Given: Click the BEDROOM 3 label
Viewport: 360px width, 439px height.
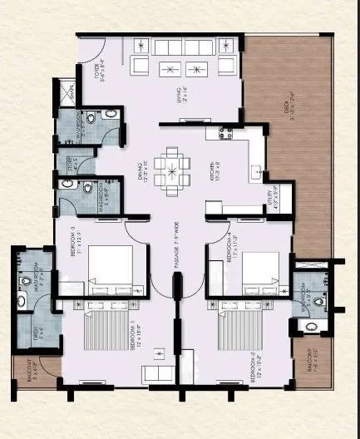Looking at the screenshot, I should click(x=76, y=242).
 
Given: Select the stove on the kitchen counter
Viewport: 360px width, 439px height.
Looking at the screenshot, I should click(x=219, y=132).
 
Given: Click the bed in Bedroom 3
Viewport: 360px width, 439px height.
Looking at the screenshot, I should click(x=110, y=268).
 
